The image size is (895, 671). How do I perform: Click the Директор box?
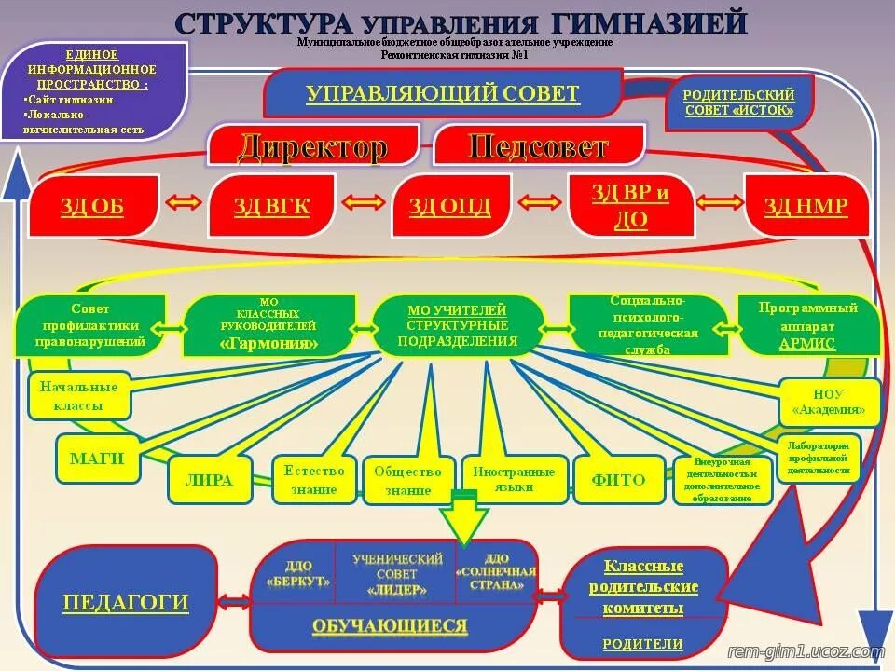[x=311, y=146]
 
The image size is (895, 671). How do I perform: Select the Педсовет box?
[x=539, y=146]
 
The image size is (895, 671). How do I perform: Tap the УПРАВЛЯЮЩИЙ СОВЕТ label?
[x=443, y=93]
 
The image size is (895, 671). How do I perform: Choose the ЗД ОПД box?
[x=449, y=206]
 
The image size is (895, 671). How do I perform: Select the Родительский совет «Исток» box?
[x=739, y=103]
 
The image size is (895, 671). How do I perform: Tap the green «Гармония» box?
[x=268, y=326]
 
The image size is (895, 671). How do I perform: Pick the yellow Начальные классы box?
[x=79, y=396]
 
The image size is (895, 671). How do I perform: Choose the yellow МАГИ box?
[x=97, y=459]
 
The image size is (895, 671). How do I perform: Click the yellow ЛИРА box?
[x=210, y=481]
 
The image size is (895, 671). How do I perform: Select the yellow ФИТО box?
[x=617, y=481]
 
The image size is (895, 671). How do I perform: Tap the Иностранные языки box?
[x=515, y=479]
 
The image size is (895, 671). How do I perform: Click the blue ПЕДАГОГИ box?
[x=126, y=603]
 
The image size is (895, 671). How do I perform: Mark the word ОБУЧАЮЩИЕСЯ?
[x=390, y=625]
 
